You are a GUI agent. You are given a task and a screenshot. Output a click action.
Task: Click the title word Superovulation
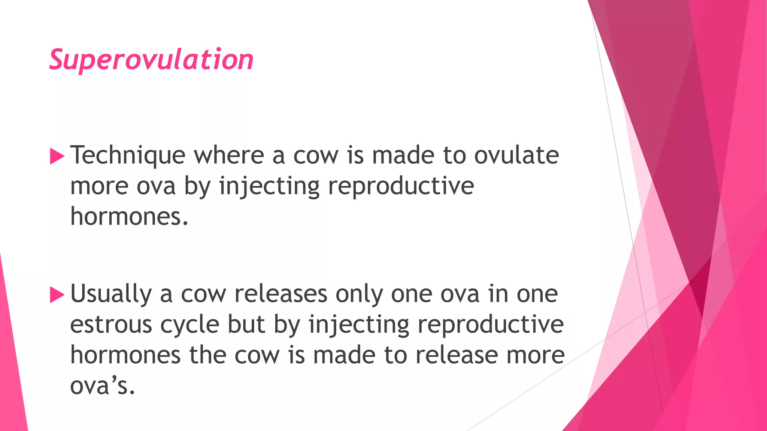(x=151, y=60)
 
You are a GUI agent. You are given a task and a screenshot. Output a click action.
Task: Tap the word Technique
(x=128, y=155)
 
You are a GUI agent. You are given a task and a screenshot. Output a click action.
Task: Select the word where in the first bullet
(x=229, y=155)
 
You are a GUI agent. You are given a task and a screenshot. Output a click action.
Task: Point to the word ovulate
(x=516, y=155)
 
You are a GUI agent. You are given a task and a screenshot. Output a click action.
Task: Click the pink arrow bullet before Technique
(x=57, y=156)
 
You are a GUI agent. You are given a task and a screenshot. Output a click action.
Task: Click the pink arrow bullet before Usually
(x=57, y=295)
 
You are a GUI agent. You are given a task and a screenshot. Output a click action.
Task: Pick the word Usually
(x=111, y=294)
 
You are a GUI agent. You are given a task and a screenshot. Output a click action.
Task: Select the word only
(x=359, y=294)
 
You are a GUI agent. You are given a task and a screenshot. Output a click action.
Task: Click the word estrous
(x=111, y=324)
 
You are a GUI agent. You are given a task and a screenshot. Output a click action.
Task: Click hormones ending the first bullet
(x=129, y=216)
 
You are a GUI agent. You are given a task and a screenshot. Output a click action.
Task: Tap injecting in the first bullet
(x=269, y=186)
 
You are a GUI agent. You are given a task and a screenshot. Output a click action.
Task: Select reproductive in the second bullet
(x=491, y=325)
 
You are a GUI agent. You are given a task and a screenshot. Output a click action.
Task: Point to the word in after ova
(x=498, y=294)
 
